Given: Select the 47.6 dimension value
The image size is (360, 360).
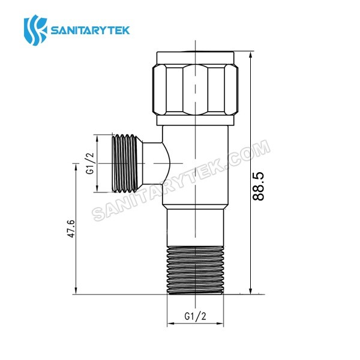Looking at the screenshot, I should click(71, 230).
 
